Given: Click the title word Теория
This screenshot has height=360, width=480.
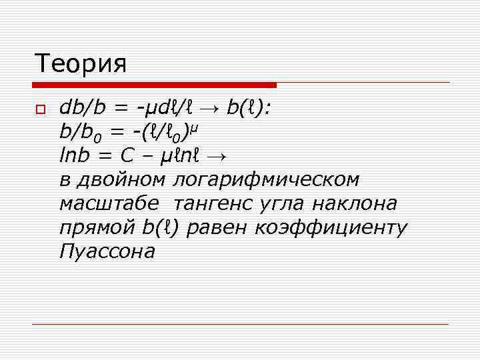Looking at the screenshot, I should tap(81, 64).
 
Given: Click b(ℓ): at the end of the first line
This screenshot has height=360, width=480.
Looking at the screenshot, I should tap(248, 108).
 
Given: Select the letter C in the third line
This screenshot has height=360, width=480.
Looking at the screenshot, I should tap(128, 156).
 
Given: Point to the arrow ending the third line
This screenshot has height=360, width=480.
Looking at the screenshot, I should tap(217, 157).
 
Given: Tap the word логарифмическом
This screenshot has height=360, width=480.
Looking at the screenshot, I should tap(266, 180).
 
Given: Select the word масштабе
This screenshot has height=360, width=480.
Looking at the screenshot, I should tap(109, 203).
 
